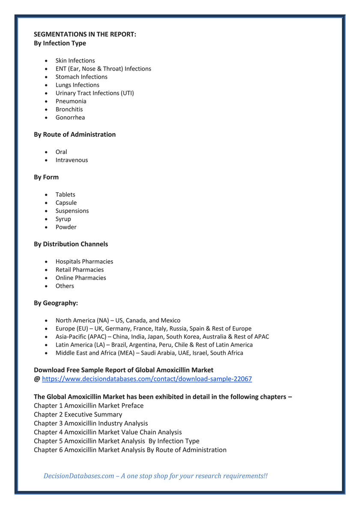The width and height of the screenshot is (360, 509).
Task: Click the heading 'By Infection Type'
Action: (60, 43)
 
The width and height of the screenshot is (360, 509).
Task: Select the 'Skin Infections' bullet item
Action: (75, 60)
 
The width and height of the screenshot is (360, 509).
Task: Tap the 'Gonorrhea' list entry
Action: (70, 117)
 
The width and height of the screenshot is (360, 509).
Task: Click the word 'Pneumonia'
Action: (71, 101)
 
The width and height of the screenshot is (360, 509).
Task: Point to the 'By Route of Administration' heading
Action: (74, 134)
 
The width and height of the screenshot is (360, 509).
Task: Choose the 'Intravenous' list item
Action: (71, 160)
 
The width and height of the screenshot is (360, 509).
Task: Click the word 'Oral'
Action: (61, 152)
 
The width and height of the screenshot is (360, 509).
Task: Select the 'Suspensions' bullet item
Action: (72, 211)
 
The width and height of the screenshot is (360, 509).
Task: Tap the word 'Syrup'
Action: (63, 219)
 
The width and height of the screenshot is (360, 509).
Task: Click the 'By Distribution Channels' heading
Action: (71, 244)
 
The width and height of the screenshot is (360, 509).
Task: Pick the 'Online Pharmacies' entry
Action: (80, 277)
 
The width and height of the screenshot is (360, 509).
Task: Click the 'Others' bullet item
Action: (65, 286)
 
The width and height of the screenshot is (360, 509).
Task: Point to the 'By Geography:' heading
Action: (56, 303)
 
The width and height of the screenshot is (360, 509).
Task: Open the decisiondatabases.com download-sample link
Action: (147, 379)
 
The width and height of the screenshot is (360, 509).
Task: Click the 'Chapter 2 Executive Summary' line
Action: (78, 414)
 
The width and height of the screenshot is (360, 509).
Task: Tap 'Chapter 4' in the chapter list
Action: (48, 432)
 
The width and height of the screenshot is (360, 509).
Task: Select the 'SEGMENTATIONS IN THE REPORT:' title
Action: (85, 35)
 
